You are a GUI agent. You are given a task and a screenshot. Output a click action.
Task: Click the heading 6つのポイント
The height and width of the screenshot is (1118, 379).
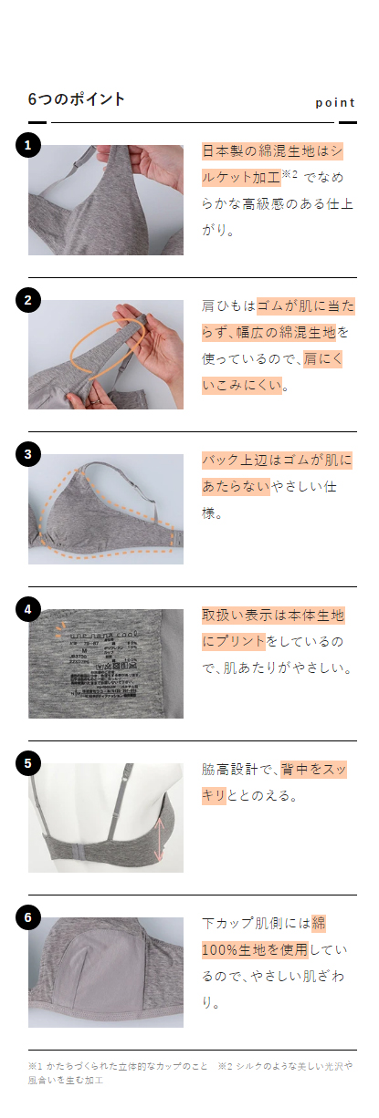[x=77, y=99]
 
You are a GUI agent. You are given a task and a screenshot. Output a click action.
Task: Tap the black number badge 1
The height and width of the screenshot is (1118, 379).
[x=28, y=145]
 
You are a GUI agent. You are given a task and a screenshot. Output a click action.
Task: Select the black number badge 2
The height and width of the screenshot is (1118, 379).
[x=28, y=299]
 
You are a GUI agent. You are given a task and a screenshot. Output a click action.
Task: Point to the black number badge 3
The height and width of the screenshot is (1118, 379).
[x=28, y=454]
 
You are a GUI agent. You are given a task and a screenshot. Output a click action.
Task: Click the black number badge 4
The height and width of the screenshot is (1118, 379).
[x=28, y=608]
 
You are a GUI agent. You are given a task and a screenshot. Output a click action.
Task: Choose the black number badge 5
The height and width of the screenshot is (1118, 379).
[x=28, y=763]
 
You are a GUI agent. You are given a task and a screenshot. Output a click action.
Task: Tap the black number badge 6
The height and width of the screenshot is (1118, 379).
[x=28, y=917]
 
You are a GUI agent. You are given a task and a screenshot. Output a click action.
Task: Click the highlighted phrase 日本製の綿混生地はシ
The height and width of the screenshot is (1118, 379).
[x=272, y=151]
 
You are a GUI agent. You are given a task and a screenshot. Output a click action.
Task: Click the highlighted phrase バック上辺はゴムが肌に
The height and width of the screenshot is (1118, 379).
[x=277, y=461]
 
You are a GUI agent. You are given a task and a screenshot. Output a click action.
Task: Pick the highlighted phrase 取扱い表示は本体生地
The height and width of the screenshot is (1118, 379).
[x=272, y=615]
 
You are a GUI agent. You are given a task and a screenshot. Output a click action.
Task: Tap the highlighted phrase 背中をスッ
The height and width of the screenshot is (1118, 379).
[x=313, y=770]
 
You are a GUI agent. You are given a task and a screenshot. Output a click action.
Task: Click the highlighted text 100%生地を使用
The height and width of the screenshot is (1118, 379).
[x=255, y=950]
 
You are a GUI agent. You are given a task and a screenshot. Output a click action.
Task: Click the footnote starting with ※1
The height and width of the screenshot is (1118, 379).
[x=119, y=1065]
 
